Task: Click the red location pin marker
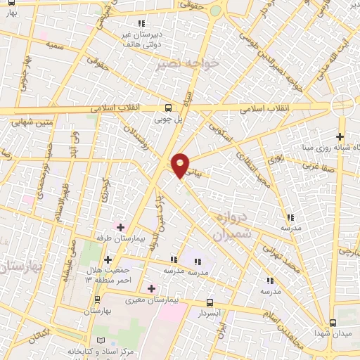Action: coord(181,165)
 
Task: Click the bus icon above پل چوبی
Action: coord(167,108)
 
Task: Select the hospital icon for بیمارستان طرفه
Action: coord(120,227)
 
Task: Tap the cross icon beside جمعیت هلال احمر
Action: coord(107,260)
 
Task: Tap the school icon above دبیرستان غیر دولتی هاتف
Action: coord(143,24)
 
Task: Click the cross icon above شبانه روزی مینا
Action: coord(340,136)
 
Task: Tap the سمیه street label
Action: coord(54,45)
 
